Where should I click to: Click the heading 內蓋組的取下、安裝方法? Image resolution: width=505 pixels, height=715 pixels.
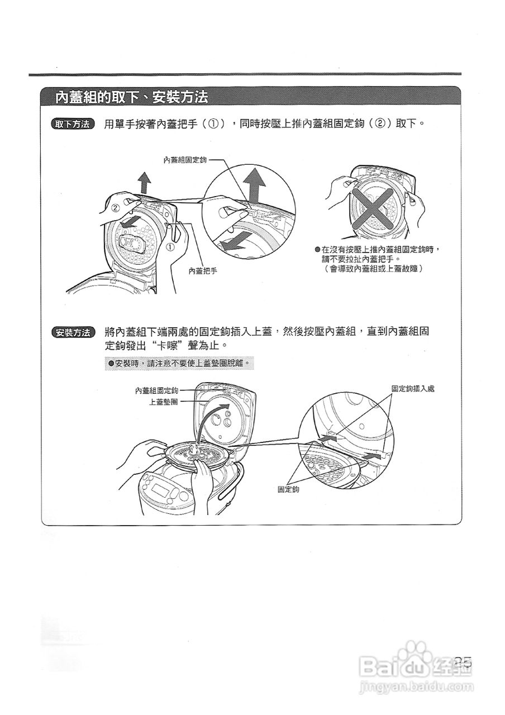132,97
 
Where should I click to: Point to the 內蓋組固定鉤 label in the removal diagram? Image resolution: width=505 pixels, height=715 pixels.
185,160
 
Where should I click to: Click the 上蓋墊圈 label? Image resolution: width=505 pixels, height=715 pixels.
163,402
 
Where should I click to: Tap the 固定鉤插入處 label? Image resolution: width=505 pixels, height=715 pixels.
412,388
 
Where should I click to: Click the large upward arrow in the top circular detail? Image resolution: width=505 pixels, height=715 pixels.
255,184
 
